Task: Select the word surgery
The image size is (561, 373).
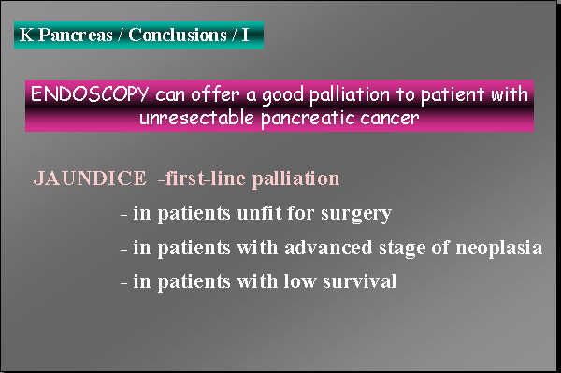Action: pos(355,213)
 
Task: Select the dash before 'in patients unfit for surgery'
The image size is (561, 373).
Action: pos(124,214)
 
